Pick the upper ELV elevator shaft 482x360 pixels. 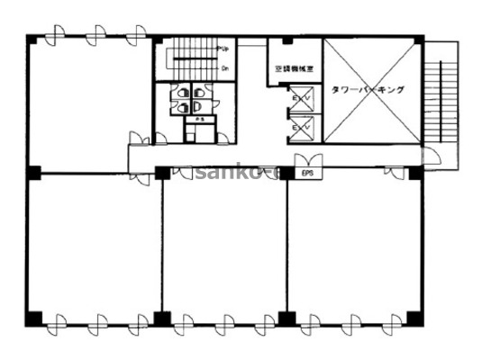point(301,98)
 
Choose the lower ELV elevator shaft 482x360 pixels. point(301,128)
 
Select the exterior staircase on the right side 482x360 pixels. point(445,94)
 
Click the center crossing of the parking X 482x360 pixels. point(372,90)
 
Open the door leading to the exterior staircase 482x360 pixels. point(431,157)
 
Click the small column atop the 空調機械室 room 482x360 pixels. point(286,41)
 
